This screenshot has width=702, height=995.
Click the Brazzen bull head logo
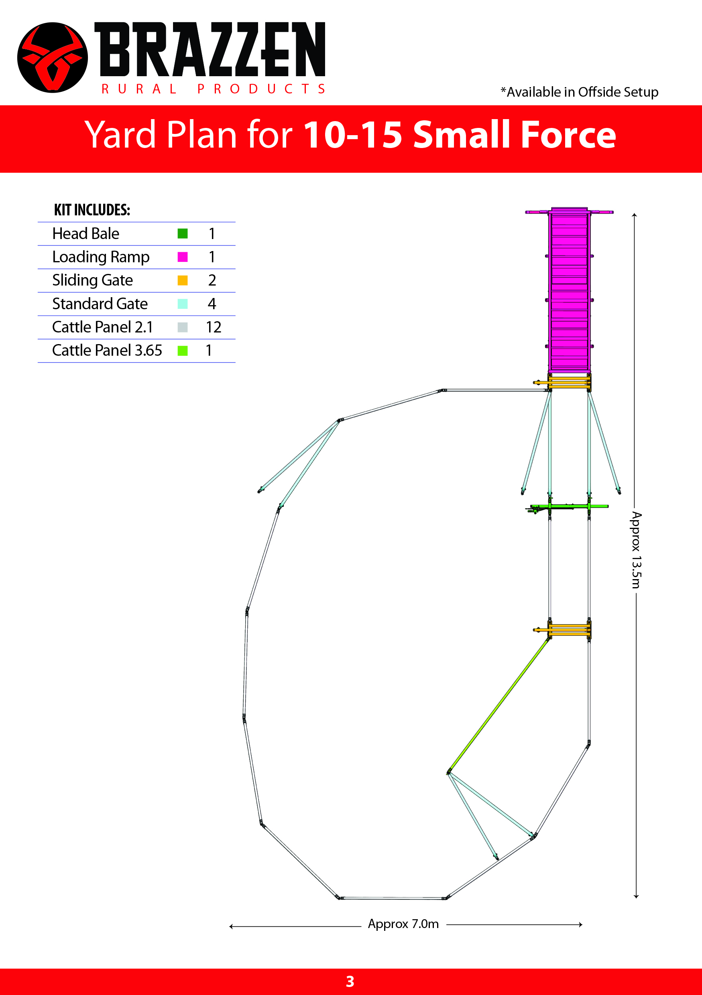coord(53,58)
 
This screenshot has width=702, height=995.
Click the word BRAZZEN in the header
coord(210,49)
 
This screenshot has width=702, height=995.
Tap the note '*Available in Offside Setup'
coord(579,92)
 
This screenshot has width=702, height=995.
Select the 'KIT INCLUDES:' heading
coord(92,210)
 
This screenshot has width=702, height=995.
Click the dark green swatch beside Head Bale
coord(183,233)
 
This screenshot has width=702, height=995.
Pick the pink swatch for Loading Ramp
coord(183,257)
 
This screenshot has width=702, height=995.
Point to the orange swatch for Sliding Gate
coord(183,280)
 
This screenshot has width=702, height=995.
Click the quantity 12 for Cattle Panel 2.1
coord(214,327)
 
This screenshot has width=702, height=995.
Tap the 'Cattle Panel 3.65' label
coord(107,350)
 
